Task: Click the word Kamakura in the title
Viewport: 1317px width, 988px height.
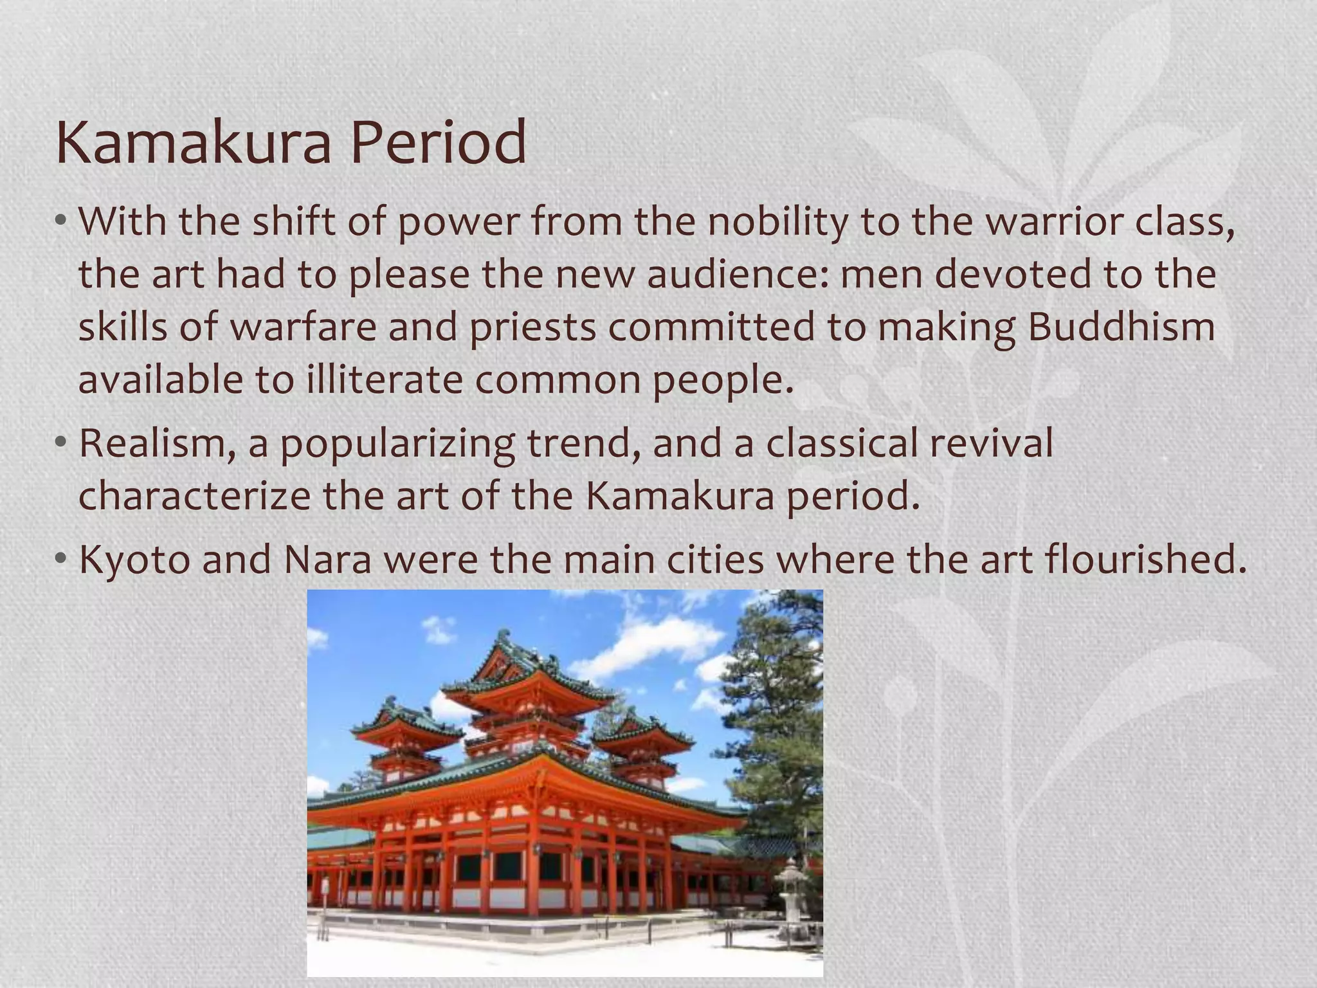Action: point(193,143)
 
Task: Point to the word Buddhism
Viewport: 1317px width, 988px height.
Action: point(1122,327)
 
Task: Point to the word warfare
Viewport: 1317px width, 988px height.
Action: point(304,327)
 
